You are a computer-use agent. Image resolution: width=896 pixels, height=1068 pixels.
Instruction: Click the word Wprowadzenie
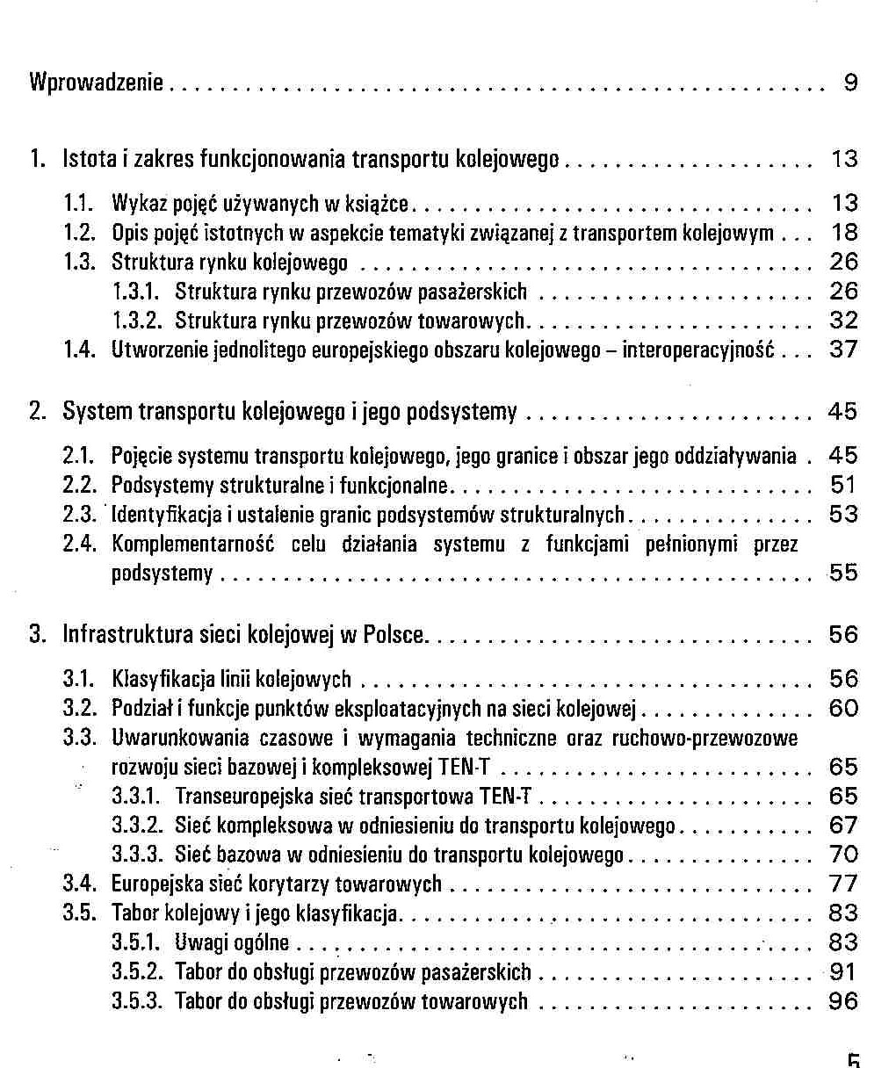tap(97, 83)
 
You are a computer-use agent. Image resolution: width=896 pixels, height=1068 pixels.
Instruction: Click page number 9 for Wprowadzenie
tap(850, 83)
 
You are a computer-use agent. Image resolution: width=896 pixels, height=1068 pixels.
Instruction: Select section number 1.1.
tap(78, 204)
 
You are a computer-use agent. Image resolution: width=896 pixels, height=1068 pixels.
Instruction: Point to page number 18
tap(844, 233)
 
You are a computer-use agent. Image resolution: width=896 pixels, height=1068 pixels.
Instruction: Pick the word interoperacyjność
tap(698, 350)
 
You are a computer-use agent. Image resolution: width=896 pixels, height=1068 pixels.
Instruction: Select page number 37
tap(844, 350)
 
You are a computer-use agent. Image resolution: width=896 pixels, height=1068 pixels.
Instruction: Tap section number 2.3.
tap(78, 515)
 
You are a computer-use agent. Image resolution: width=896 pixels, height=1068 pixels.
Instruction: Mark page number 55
tap(843, 574)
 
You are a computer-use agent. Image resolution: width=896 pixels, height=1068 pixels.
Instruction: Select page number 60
tap(843, 709)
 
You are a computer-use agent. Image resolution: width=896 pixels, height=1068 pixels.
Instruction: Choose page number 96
tap(843, 1001)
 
